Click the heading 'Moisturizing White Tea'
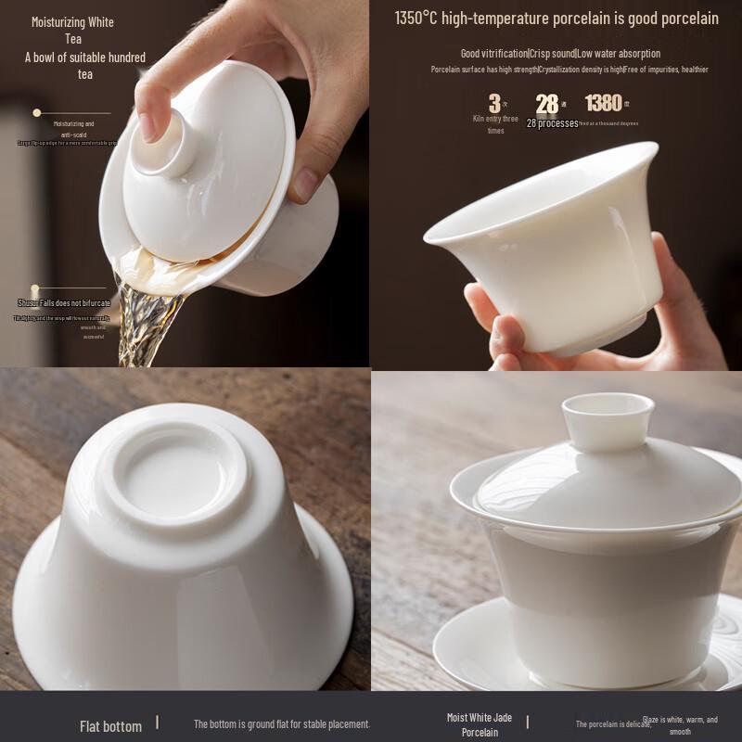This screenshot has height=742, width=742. click(72, 30)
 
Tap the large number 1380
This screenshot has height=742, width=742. click(603, 103)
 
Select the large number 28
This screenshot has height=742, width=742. click(547, 104)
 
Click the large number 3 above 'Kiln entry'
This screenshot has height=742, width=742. click(495, 104)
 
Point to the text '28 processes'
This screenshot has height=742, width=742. click(552, 123)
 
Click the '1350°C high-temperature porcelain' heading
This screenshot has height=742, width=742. click(556, 18)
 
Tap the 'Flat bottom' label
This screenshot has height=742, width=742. click(110, 726)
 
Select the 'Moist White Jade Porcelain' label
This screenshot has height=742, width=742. click(480, 725)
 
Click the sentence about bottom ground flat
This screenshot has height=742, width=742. click(281, 723)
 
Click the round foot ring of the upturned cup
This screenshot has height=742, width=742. click(174, 473)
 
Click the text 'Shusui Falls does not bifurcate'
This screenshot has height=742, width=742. click(63, 303)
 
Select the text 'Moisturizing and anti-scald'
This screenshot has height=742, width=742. click(73, 129)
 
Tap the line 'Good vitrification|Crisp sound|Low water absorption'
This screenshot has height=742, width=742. click(560, 54)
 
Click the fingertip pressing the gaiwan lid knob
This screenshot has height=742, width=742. click(149, 121)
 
